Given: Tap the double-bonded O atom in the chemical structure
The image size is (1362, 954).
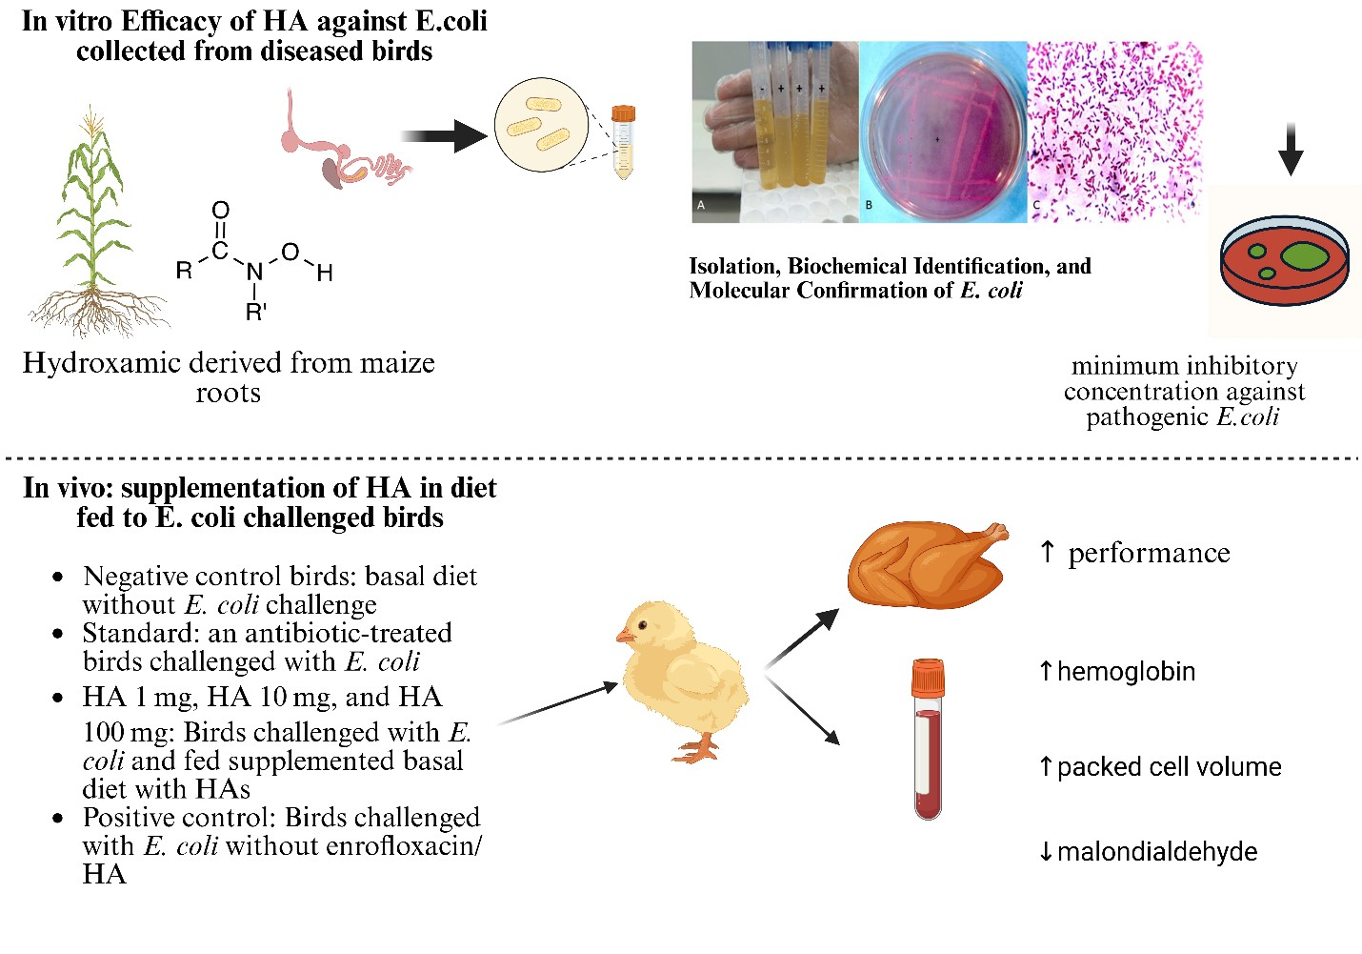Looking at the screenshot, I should (220, 210).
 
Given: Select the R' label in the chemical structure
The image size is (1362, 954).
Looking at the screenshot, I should (255, 312).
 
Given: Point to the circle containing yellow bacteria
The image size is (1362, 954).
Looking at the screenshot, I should (541, 125).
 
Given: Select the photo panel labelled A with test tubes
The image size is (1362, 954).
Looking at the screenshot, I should (774, 132).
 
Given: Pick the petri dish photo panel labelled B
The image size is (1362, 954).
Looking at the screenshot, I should (943, 132).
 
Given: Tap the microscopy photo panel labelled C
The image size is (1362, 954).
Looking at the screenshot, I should (1114, 132).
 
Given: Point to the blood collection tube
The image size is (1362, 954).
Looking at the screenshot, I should (928, 739).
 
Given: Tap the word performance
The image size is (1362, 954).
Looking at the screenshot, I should (1149, 554).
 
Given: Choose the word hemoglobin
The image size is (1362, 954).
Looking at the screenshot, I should (1126, 672).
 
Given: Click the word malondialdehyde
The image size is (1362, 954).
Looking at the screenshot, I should (1157, 852).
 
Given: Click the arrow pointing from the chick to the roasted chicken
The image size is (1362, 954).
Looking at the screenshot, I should (803, 636).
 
